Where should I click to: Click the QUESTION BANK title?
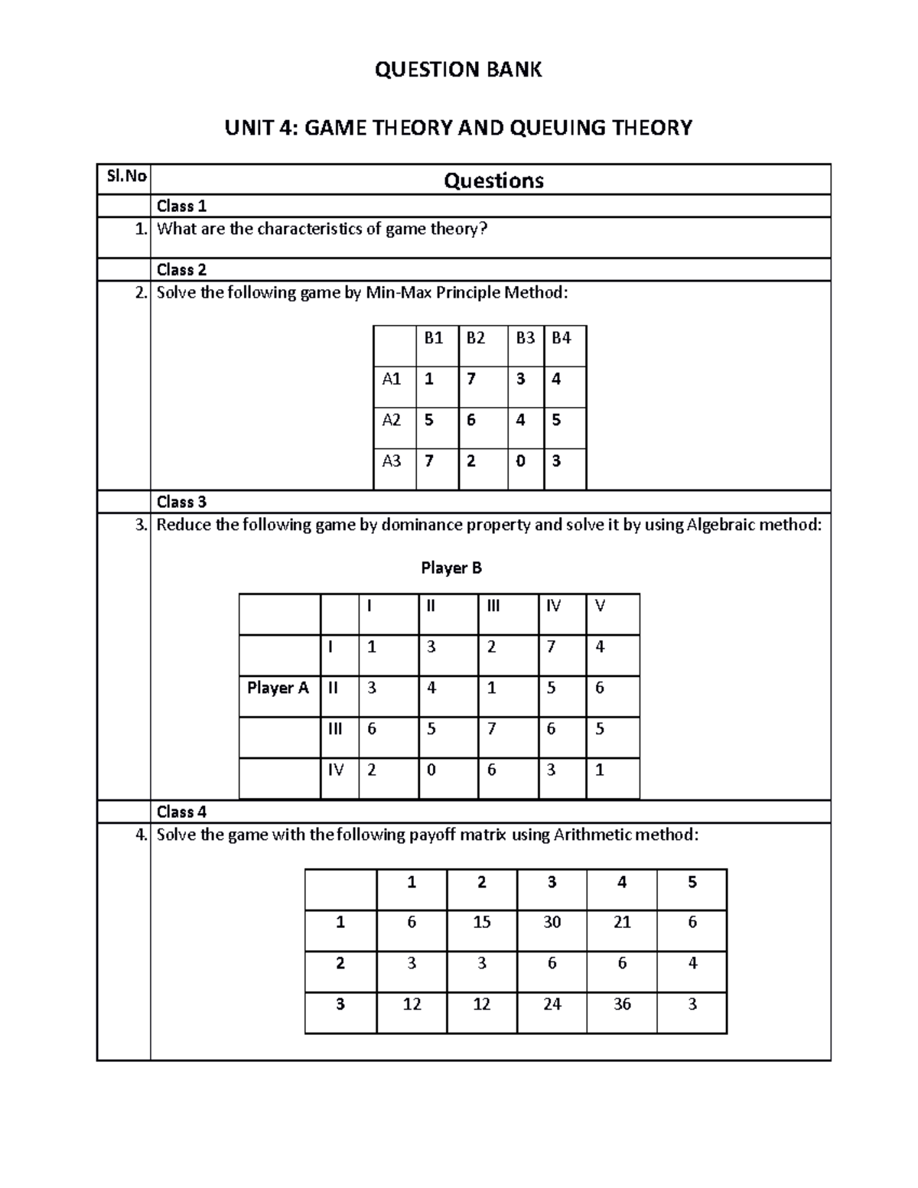[457, 70]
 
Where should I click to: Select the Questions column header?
[493, 181]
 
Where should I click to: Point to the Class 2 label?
[181, 269]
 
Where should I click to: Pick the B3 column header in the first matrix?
[525, 338]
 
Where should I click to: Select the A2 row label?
[392, 420]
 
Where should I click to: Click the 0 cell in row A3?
[520, 461]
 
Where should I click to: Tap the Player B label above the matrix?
[451, 568]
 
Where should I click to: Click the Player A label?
[278, 688]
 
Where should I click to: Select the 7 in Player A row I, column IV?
[551, 647]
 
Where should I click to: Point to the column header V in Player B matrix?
[600, 606]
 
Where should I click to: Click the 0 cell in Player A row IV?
[431, 770]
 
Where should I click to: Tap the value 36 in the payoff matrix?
[622, 1004]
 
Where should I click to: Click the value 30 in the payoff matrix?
[552, 923]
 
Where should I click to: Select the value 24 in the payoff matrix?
[552, 1004]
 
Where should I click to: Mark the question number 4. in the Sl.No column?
[140, 835]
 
